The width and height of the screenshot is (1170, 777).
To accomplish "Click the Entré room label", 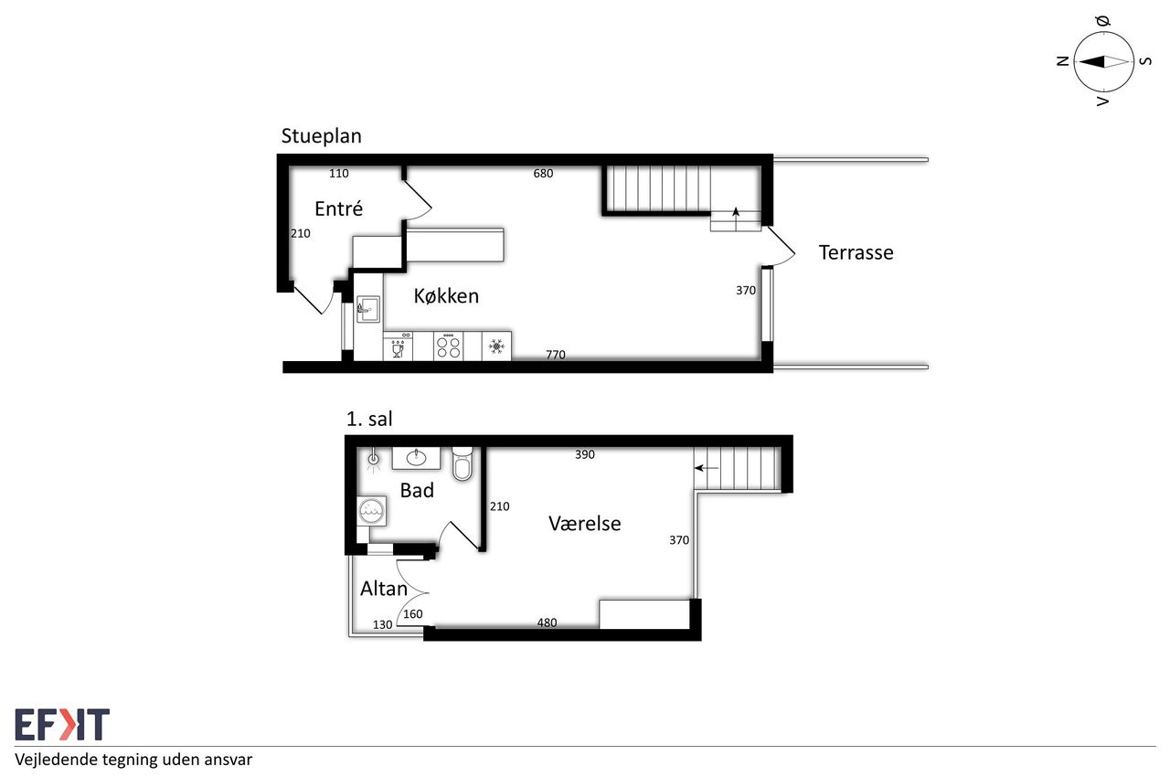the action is (338, 208).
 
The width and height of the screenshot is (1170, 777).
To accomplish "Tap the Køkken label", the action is (446, 296).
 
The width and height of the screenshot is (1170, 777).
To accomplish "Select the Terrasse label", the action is (856, 252).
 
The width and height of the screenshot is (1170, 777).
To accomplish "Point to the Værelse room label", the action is (584, 523).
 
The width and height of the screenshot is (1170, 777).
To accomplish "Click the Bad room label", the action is (417, 490).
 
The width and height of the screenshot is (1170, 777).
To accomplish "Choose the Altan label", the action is (384, 589).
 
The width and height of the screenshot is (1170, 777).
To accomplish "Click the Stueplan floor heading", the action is (321, 136).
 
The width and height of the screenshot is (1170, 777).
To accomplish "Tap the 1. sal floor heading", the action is (369, 419).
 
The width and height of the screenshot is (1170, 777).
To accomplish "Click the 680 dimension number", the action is (543, 174).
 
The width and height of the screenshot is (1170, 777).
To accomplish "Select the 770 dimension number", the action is (556, 355).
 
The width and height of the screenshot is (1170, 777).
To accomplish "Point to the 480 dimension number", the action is (547, 623).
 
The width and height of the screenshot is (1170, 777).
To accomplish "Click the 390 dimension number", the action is (585, 454).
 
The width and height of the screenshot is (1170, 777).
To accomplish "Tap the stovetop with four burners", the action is (448, 346).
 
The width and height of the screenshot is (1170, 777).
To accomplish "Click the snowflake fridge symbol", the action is (496, 346).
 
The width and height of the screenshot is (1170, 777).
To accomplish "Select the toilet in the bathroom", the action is (463, 463).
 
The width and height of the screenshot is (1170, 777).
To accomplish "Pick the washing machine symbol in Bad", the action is (372, 511).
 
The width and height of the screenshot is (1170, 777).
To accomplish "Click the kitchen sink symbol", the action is (368, 309).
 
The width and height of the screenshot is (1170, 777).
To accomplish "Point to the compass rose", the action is (1103, 61).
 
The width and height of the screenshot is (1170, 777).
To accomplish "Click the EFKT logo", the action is (62, 724).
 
